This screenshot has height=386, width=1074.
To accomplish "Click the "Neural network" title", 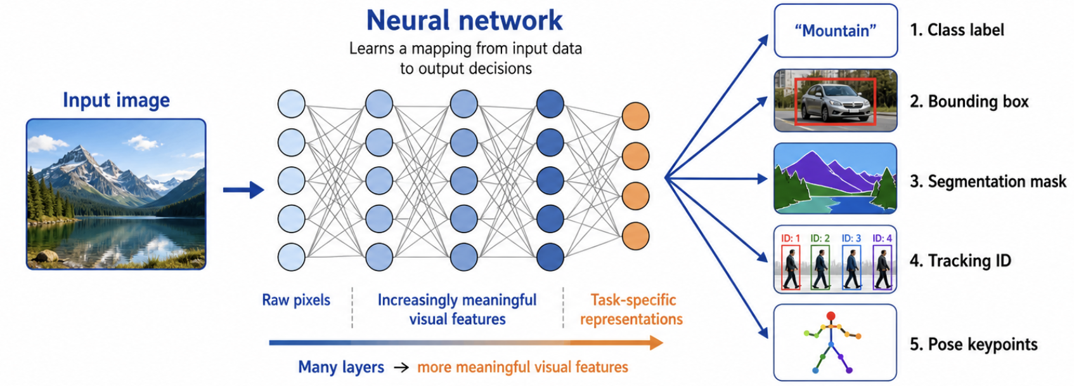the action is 464,20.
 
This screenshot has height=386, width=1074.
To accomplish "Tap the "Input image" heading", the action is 116,100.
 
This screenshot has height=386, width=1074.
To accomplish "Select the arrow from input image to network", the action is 243,190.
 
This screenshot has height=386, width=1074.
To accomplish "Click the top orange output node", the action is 635,116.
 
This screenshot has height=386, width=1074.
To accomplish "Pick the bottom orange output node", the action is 635,236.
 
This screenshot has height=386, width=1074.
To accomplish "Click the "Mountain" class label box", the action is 835,30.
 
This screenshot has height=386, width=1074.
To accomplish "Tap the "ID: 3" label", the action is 851,238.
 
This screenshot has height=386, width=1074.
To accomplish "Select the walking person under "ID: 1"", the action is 791,271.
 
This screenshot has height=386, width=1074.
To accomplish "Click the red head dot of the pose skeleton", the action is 831,316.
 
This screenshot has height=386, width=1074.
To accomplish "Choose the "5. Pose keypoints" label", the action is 973,344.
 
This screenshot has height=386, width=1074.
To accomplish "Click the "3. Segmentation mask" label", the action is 988,182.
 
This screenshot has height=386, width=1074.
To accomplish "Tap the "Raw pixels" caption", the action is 296,300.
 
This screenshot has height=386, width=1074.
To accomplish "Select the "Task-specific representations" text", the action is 632,310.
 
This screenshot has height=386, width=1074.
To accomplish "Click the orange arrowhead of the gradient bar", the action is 656,343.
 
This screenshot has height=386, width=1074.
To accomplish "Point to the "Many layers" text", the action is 341,368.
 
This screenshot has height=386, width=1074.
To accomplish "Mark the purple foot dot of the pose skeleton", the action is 849,370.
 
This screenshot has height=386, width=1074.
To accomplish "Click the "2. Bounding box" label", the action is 969,102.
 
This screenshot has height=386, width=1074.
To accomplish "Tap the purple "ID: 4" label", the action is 883,238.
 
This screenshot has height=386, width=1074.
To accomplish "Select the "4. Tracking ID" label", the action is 961,261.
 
